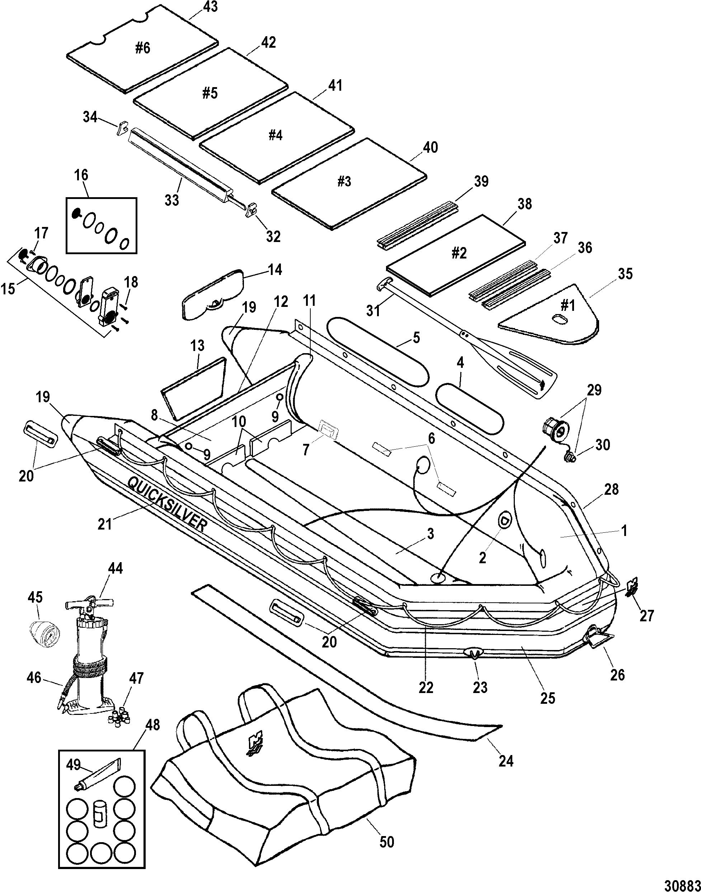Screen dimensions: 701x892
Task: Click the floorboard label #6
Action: coord(142,48)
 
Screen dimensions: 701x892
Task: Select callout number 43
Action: coord(210,7)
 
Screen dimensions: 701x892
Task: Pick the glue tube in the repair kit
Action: coord(97,773)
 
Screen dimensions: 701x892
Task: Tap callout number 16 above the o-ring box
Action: coord(81,175)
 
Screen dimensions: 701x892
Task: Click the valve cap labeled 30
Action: coord(570,457)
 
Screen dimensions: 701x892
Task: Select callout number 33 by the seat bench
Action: coord(172,200)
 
